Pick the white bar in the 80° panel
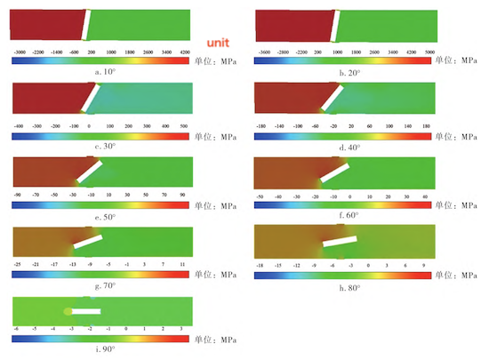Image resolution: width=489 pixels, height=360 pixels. coord(339,240)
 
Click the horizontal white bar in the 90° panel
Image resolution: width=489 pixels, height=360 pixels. coord(85,311)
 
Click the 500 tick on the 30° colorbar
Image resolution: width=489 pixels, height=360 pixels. coord(184,127)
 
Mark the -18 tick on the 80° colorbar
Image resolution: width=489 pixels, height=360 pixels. coord(262,264)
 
